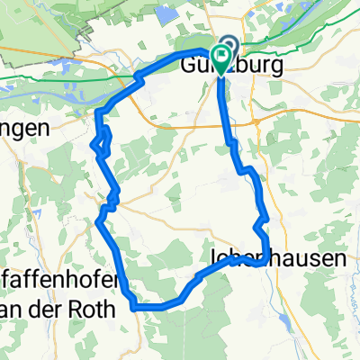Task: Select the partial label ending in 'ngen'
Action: point(22,130)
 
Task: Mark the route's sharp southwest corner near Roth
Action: point(134,307)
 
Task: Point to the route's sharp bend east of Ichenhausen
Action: point(264,263)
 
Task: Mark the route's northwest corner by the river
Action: point(98,112)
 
